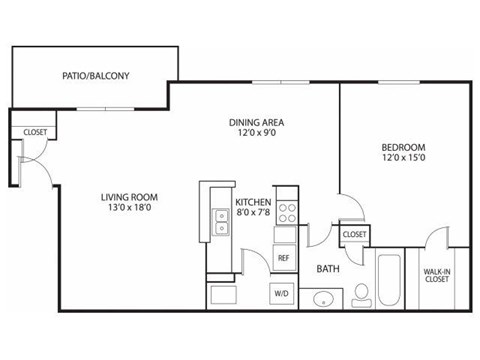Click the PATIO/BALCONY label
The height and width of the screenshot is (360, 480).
click(x=96, y=76)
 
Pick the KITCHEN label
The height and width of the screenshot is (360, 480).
click(x=252, y=200)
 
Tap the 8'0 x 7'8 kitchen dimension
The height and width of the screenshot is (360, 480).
click(x=252, y=211)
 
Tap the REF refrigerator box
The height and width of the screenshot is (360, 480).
click(x=284, y=258)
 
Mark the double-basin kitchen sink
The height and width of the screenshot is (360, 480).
click(x=220, y=220)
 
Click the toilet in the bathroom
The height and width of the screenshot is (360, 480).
click(x=360, y=294)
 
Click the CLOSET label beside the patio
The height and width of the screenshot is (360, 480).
click(x=35, y=131)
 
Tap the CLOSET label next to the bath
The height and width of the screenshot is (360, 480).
click(x=355, y=234)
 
